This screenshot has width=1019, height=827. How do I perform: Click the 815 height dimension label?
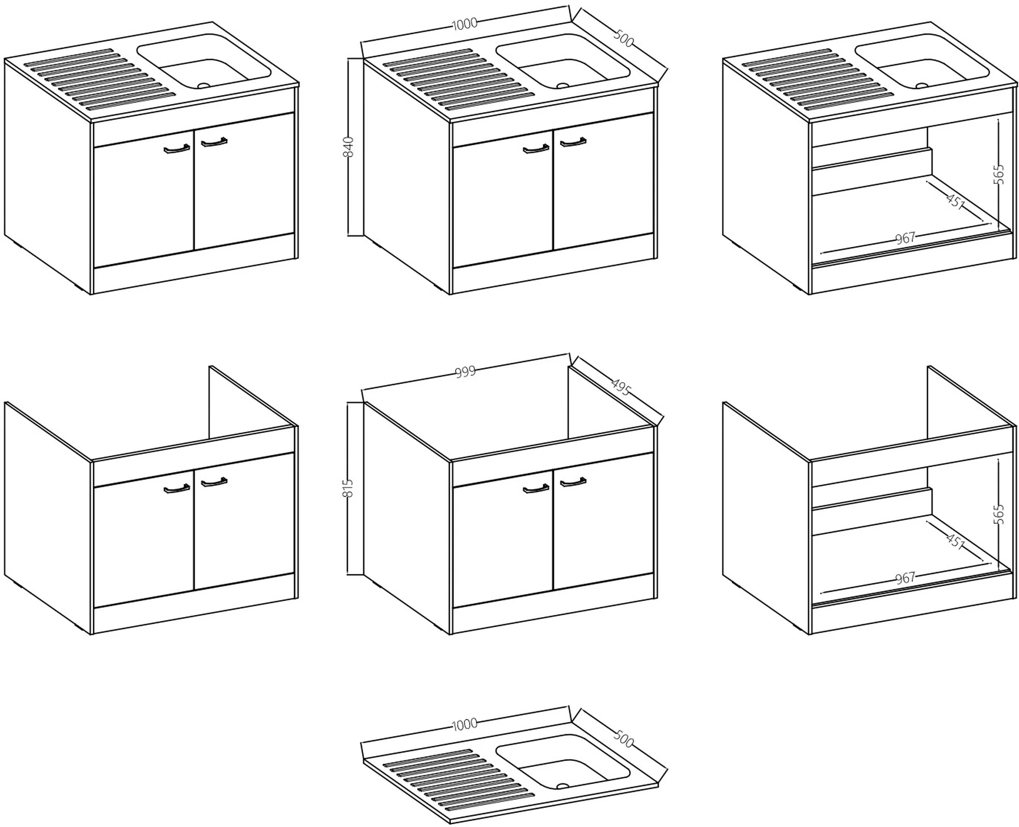click(348, 488)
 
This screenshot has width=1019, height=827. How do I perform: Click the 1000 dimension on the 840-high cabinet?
click(464, 24)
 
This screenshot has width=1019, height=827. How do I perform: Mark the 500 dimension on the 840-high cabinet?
click(623, 38)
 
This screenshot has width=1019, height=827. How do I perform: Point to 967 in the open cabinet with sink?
click(905, 238)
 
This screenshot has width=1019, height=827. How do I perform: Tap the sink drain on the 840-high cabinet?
click(562, 86)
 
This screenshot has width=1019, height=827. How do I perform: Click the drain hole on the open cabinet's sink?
click(922, 86)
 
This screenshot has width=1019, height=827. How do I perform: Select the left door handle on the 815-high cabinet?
click(535, 489)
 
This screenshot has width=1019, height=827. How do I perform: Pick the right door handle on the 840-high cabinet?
click(573, 142)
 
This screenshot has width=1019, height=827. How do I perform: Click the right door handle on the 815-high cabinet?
click(573, 482)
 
